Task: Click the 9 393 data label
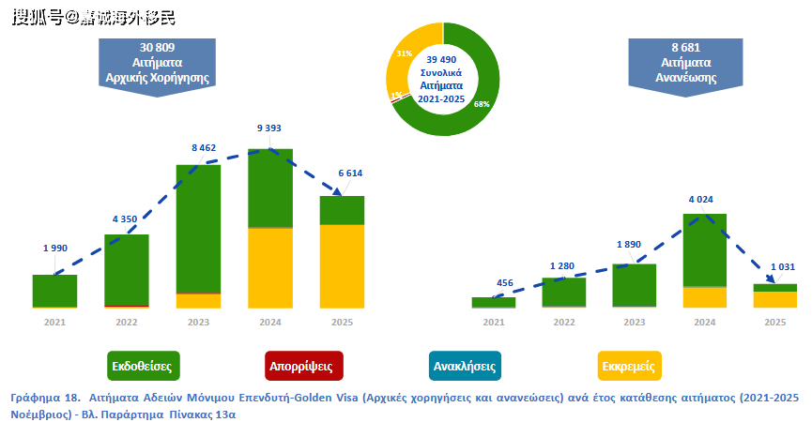[269, 128]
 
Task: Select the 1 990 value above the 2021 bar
[55, 249]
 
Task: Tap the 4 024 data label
[704, 198]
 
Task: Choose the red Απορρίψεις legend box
[299, 364]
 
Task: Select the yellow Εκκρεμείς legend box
[629, 364]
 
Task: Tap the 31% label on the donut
[404, 54]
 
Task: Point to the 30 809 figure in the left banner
[158, 47]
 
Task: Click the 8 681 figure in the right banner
[688, 47]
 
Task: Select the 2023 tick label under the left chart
[198, 321]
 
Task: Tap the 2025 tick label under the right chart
[774, 321]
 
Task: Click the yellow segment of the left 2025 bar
[342, 265]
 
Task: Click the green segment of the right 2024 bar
[704, 249]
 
